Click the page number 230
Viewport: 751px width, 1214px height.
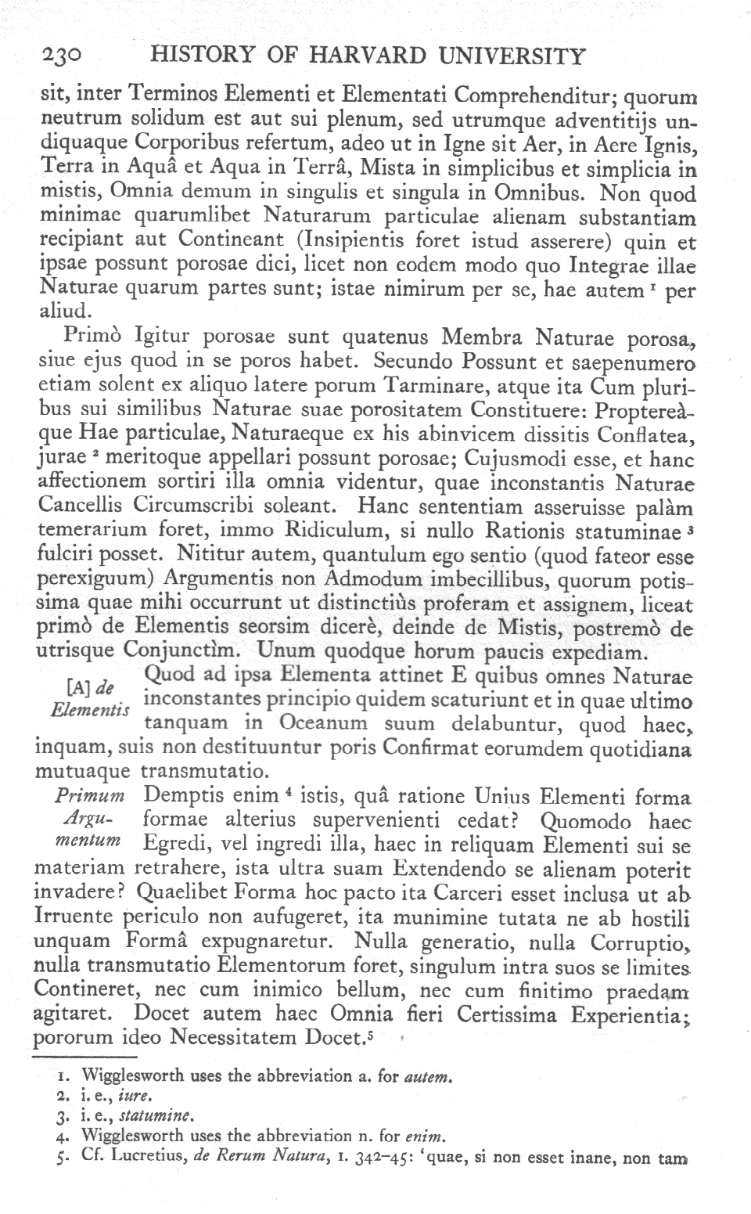(x=59, y=57)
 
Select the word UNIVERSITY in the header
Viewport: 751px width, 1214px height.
(x=509, y=57)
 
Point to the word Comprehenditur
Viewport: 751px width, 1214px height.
(x=537, y=98)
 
